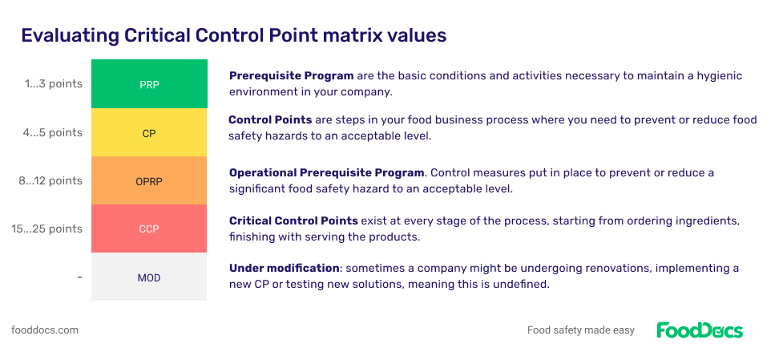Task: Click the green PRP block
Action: (149, 84)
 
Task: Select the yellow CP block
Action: (149, 133)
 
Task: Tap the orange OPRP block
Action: (149, 181)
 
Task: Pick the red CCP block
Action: (149, 229)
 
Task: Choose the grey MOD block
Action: (149, 277)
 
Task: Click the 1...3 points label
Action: (53, 84)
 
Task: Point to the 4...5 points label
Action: (53, 132)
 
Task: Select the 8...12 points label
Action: (50, 180)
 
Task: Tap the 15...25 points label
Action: (47, 229)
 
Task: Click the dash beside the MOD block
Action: (80, 277)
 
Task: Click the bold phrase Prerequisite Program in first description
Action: (292, 76)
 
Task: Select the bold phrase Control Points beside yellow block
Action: (270, 120)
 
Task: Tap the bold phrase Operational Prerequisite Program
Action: (326, 173)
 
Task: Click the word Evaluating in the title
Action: (69, 36)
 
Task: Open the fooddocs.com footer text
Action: (45, 330)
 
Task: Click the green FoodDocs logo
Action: (700, 330)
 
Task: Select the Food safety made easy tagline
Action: (581, 330)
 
